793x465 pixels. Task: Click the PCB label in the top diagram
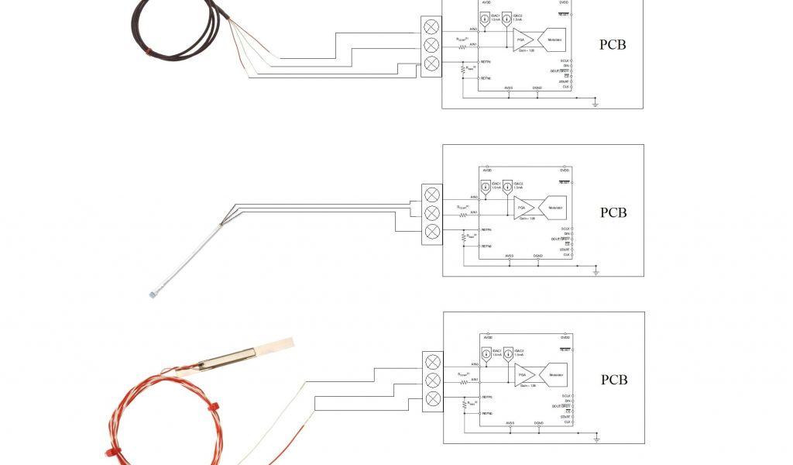613,45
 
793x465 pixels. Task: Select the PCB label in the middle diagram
613,212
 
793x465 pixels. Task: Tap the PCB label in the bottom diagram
614,380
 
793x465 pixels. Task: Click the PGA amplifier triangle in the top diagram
521,40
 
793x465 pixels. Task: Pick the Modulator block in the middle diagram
555,208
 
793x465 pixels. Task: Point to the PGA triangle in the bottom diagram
523,375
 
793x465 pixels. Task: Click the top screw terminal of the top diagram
432,28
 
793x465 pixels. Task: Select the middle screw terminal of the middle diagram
432,213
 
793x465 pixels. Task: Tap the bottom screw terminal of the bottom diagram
434,398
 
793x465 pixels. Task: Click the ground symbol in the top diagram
595,103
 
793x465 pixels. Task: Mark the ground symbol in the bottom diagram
596,439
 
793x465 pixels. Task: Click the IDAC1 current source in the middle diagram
485,187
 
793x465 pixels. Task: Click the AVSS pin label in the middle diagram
509,256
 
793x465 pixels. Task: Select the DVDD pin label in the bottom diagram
565,338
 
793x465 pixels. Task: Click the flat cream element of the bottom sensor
275,345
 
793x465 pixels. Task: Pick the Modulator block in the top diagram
554,40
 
